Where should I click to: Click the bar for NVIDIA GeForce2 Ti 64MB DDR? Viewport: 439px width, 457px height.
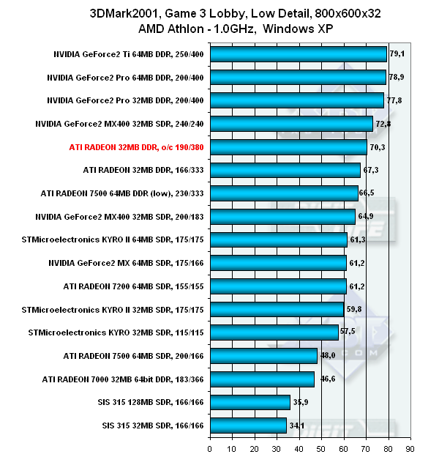pyautogui.click(x=298, y=54)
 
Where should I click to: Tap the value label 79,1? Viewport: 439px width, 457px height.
pyautogui.click(x=398, y=53)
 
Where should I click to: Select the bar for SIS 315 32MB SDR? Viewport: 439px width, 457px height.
pyautogui.click(x=248, y=425)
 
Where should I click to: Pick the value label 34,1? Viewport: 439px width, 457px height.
pyautogui.click(x=296, y=425)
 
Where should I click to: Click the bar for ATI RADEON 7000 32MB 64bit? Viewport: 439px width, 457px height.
pyautogui.click(x=262, y=379)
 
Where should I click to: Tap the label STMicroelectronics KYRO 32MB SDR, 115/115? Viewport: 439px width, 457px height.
pyautogui.click(x=117, y=332)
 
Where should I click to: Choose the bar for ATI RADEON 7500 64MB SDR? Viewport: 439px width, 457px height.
pyautogui.click(x=263, y=356)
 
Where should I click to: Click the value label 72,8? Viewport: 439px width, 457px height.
pyautogui.click(x=384, y=124)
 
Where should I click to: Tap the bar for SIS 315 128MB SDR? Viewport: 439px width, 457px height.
pyautogui.click(x=249, y=402)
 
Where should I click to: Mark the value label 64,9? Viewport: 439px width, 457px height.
pyautogui.click(x=367, y=217)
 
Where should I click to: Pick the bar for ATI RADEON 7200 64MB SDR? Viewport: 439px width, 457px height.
pyautogui.click(x=278, y=286)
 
